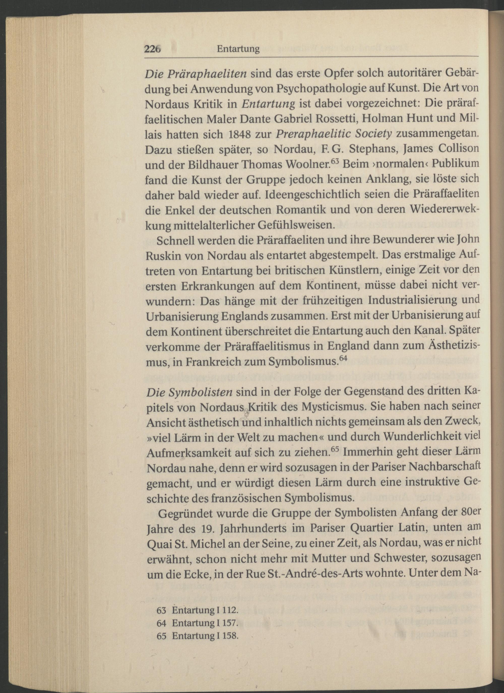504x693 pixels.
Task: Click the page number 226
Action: pos(152,49)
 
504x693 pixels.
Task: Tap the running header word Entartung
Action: pos(238,49)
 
